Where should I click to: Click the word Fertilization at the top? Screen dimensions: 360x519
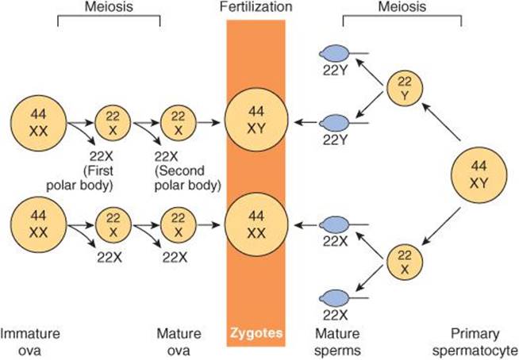[x=256, y=7]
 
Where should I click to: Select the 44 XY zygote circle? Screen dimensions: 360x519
[x=256, y=121]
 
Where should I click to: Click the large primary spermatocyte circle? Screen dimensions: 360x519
[x=480, y=174]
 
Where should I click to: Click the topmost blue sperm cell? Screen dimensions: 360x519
[x=335, y=54]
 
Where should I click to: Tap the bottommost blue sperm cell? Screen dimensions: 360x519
[x=335, y=297]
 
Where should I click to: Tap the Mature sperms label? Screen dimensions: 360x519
[x=339, y=340]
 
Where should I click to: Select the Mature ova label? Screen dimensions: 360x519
[x=182, y=340]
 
